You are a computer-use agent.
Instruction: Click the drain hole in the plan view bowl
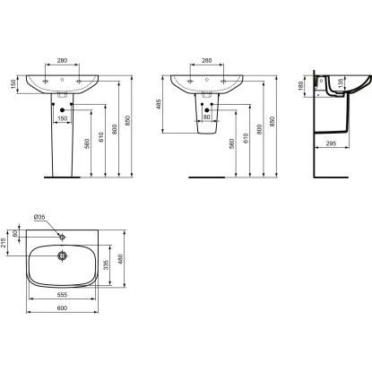63,256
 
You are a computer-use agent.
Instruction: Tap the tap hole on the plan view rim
63,237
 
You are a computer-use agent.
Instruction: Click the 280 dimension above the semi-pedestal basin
206,62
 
